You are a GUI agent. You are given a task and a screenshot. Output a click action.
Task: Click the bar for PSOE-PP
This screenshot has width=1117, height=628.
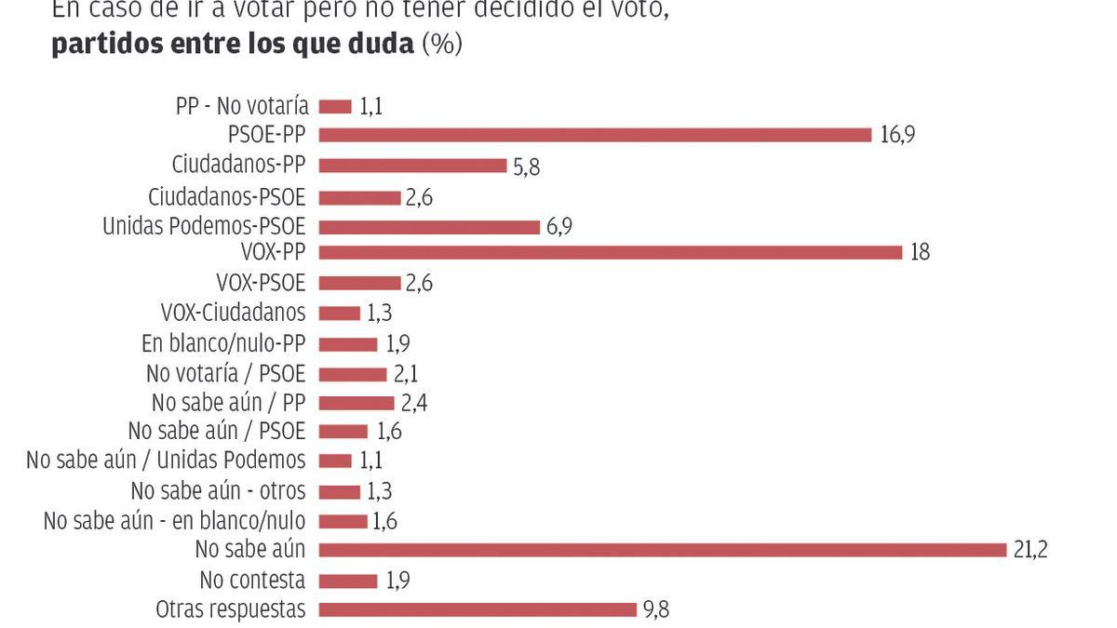(595, 136)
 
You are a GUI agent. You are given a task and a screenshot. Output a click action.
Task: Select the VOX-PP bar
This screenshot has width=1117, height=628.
(611, 252)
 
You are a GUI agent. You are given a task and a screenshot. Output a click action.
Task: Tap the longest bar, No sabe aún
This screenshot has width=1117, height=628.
(664, 550)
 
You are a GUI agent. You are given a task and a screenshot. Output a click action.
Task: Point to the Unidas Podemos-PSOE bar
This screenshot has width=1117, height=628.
(429, 227)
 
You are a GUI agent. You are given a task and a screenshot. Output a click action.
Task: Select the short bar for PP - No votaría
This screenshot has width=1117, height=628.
(335, 107)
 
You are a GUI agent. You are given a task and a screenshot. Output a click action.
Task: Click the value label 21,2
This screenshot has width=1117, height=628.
(1030, 550)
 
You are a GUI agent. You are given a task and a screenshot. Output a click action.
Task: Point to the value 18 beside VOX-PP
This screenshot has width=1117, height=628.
(921, 252)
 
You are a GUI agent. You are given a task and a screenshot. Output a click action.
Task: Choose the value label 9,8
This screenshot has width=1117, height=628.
(656, 610)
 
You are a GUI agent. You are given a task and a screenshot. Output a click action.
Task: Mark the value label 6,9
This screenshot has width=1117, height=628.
(559, 227)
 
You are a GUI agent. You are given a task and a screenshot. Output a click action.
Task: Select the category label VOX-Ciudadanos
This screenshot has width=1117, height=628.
(233, 313)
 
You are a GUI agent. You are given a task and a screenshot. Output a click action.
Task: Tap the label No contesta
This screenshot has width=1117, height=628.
(252, 581)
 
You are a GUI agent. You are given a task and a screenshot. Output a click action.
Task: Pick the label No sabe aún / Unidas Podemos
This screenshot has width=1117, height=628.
(166, 460)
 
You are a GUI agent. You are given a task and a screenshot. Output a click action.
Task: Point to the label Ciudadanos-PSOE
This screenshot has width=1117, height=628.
(226, 197)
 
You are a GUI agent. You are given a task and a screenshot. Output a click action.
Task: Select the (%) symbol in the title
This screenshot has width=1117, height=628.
(442, 45)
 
